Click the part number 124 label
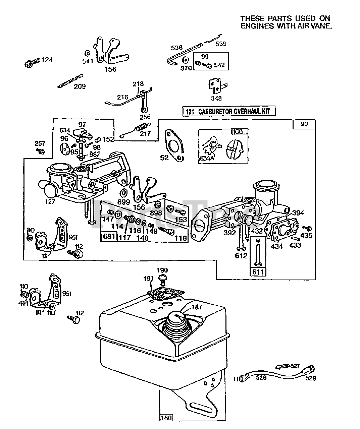point(47,60)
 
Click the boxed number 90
point(304,124)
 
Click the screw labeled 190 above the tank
point(162,278)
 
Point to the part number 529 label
point(311,378)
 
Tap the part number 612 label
point(241,256)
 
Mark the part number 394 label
point(298,213)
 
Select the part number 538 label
point(177,48)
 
